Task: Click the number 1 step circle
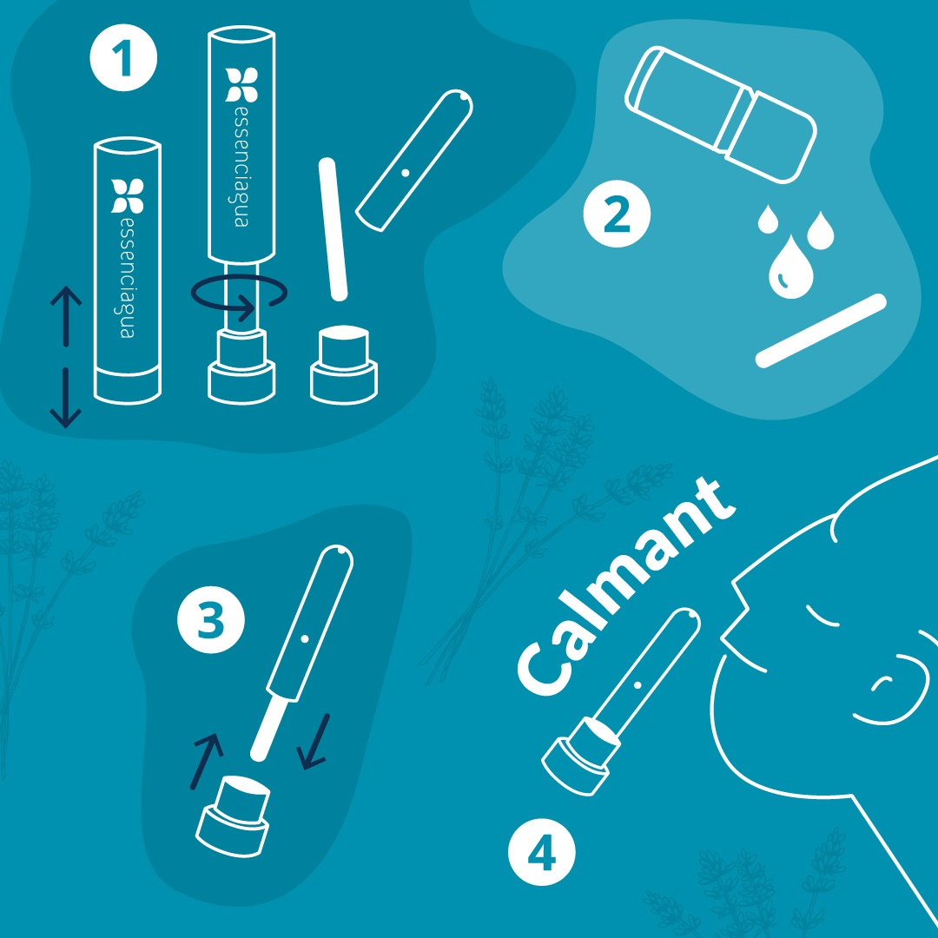pos(123,58)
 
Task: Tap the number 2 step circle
pos(617,215)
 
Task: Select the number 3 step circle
pos(210,620)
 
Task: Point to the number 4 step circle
pos(541,853)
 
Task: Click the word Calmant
pos(625,587)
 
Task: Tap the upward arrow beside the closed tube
pos(66,316)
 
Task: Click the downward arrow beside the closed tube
pos(66,398)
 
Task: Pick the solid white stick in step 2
pos(821,331)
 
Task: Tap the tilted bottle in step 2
pos(720,115)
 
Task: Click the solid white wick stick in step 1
pos(334,229)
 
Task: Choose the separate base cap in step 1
pos(344,365)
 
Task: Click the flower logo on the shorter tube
pos(128,195)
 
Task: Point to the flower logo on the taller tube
pos(241,85)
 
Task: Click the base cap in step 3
pos(233,816)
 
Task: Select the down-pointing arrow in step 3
pos(314,741)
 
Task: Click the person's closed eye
pos(822,617)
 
